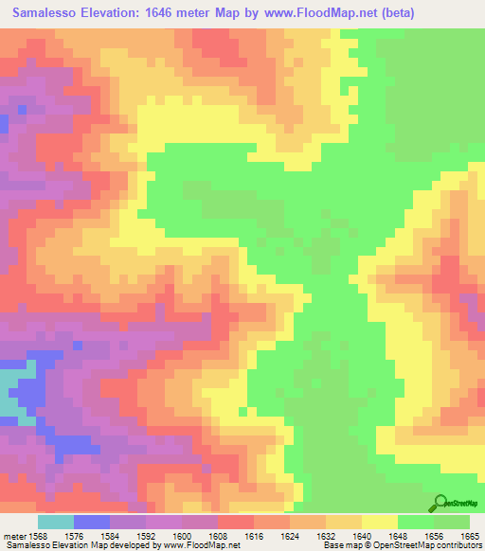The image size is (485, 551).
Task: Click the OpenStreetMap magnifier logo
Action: point(440,502)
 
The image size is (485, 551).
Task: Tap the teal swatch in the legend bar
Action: point(56,521)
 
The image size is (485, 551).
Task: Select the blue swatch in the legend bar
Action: point(92,521)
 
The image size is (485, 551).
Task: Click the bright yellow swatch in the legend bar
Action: point(379,521)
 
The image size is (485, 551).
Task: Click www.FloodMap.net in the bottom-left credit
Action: point(199,545)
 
